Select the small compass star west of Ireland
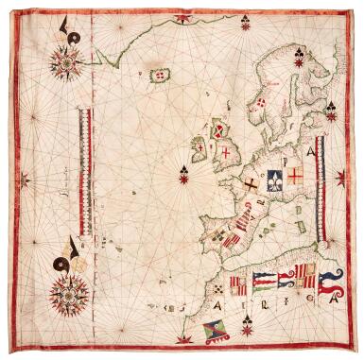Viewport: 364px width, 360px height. (x=183, y=171)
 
